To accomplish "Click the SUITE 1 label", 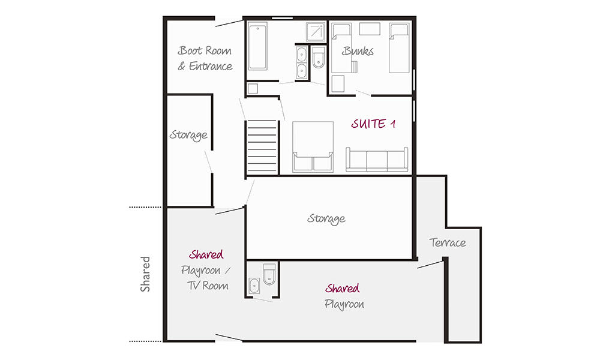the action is pos(373,124).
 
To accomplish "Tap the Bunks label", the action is pos(358,51).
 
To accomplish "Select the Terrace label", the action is pos(448,242).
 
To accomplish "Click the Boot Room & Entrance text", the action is pos(205,59).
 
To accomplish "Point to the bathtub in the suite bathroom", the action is pos(257,46).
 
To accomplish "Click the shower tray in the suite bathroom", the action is pos(316,32).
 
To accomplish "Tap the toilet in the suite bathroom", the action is pos(319,58).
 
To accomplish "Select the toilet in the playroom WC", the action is pos(269,274).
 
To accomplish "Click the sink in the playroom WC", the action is pos(254,286).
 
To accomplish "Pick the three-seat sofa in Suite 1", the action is pos(377,160).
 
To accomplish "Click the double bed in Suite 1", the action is pos(313,147).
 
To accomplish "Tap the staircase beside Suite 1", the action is pos(262,147).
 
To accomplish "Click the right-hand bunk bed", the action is pos(399,48).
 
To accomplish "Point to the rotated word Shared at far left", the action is pos(145,274).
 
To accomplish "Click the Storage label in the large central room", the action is pos(326,219).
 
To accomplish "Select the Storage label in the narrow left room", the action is pos(188,135).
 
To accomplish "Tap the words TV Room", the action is pos(208,286).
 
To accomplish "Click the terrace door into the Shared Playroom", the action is pos(430,265).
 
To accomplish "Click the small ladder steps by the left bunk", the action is pos(355,67).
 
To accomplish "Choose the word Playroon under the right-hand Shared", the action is pos(344,305).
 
